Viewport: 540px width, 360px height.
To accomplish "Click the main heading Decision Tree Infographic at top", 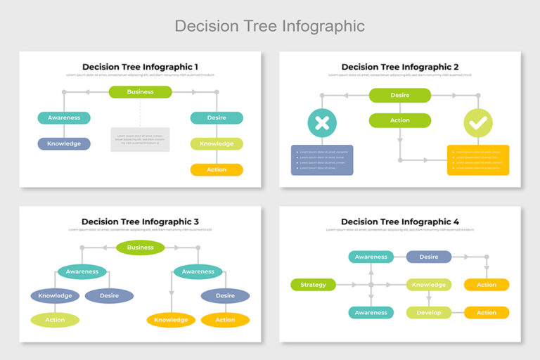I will click(269, 26).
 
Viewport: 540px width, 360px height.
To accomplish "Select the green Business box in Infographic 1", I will click(140, 92).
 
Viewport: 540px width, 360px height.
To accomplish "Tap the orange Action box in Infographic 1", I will click(217, 169).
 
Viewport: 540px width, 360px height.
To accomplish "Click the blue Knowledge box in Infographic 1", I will click(64, 143).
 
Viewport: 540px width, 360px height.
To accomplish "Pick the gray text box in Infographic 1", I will click(140, 139).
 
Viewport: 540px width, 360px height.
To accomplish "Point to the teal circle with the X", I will click(322, 123).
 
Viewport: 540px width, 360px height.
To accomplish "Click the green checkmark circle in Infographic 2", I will click(478, 123).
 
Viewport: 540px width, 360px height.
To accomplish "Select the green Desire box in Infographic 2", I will click(399, 95).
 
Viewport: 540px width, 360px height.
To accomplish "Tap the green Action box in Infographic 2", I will click(399, 120).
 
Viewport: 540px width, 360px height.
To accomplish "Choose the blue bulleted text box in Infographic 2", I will click(322, 160).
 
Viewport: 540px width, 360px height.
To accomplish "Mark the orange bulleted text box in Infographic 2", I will click(478, 160).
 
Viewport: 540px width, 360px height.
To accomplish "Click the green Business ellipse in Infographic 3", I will click(140, 247).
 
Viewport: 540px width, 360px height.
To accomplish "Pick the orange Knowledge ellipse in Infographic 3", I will click(171, 320).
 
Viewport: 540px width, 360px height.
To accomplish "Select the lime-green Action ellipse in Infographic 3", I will click(55, 320).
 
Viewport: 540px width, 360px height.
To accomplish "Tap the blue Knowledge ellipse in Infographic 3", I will click(55, 295).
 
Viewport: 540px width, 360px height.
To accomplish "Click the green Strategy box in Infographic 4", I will click(313, 285).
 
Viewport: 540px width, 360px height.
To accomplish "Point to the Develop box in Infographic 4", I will click(429, 312).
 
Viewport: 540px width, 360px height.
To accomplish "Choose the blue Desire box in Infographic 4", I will click(429, 257).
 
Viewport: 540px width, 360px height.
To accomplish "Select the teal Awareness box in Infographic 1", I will click(64, 117).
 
